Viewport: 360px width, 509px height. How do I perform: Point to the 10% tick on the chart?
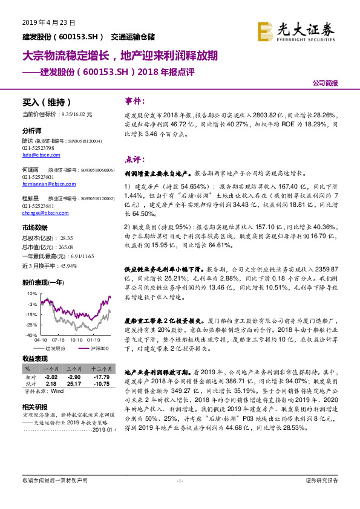tap(30, 293)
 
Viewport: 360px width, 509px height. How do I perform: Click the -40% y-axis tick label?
tap(30, 335)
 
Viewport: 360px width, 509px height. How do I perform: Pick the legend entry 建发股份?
tap(57, 348)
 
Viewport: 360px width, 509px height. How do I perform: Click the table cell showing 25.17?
tap(74, 383)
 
